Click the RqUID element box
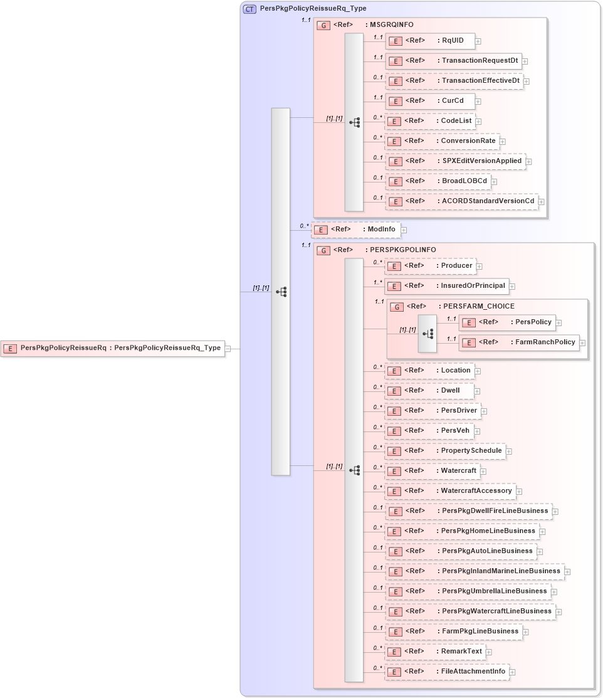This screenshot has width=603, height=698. point(429,41)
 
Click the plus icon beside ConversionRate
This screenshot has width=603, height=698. point(502,142)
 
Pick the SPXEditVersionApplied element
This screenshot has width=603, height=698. point(454,161)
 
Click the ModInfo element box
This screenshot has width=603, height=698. point(356,230)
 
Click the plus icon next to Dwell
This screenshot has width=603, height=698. point(478,391)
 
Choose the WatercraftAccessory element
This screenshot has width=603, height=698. point(449,491)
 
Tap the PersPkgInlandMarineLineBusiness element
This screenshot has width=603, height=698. point(474,571)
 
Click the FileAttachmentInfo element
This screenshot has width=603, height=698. point(446,672)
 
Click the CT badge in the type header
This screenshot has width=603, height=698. point(249,9)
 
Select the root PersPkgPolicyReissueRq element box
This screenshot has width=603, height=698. point(113,348)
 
